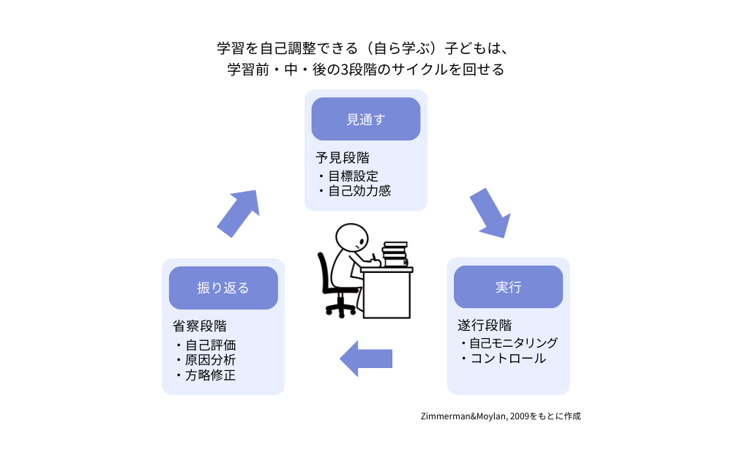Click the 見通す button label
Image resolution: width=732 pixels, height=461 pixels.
[x=365, y=119]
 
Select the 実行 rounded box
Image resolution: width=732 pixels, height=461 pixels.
[x=508, y=287]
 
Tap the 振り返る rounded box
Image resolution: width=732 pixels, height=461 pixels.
[x=223, y=288]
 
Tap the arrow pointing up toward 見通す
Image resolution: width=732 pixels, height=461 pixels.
[x=239, y=213]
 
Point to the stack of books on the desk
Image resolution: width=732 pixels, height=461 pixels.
[x=395, y=254]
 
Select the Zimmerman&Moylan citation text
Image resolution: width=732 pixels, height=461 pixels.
[x=501, y=416]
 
